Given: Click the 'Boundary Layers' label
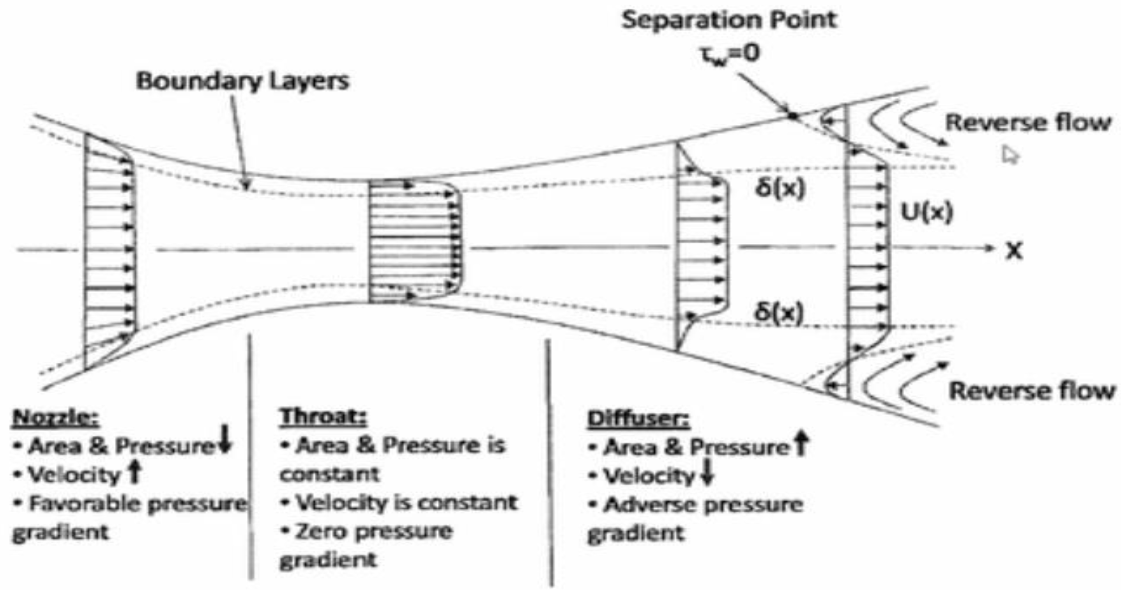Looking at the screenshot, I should (x=242, y=82).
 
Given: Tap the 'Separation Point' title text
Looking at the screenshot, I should (x=729, y=20).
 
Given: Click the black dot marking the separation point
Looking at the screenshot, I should (x=793, y=116).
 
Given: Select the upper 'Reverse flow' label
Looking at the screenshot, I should (x=1028, y=123).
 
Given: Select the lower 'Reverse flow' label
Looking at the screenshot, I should (x=1032, y=391).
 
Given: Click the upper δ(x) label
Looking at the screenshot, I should (x=780, y=188).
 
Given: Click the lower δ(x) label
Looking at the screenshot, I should (x=778, y=312).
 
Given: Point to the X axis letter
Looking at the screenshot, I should (x=1013, y=251).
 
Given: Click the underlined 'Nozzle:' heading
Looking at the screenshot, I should (x=56, y=418).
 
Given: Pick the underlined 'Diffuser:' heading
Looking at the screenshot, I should (x=638, y=419).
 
